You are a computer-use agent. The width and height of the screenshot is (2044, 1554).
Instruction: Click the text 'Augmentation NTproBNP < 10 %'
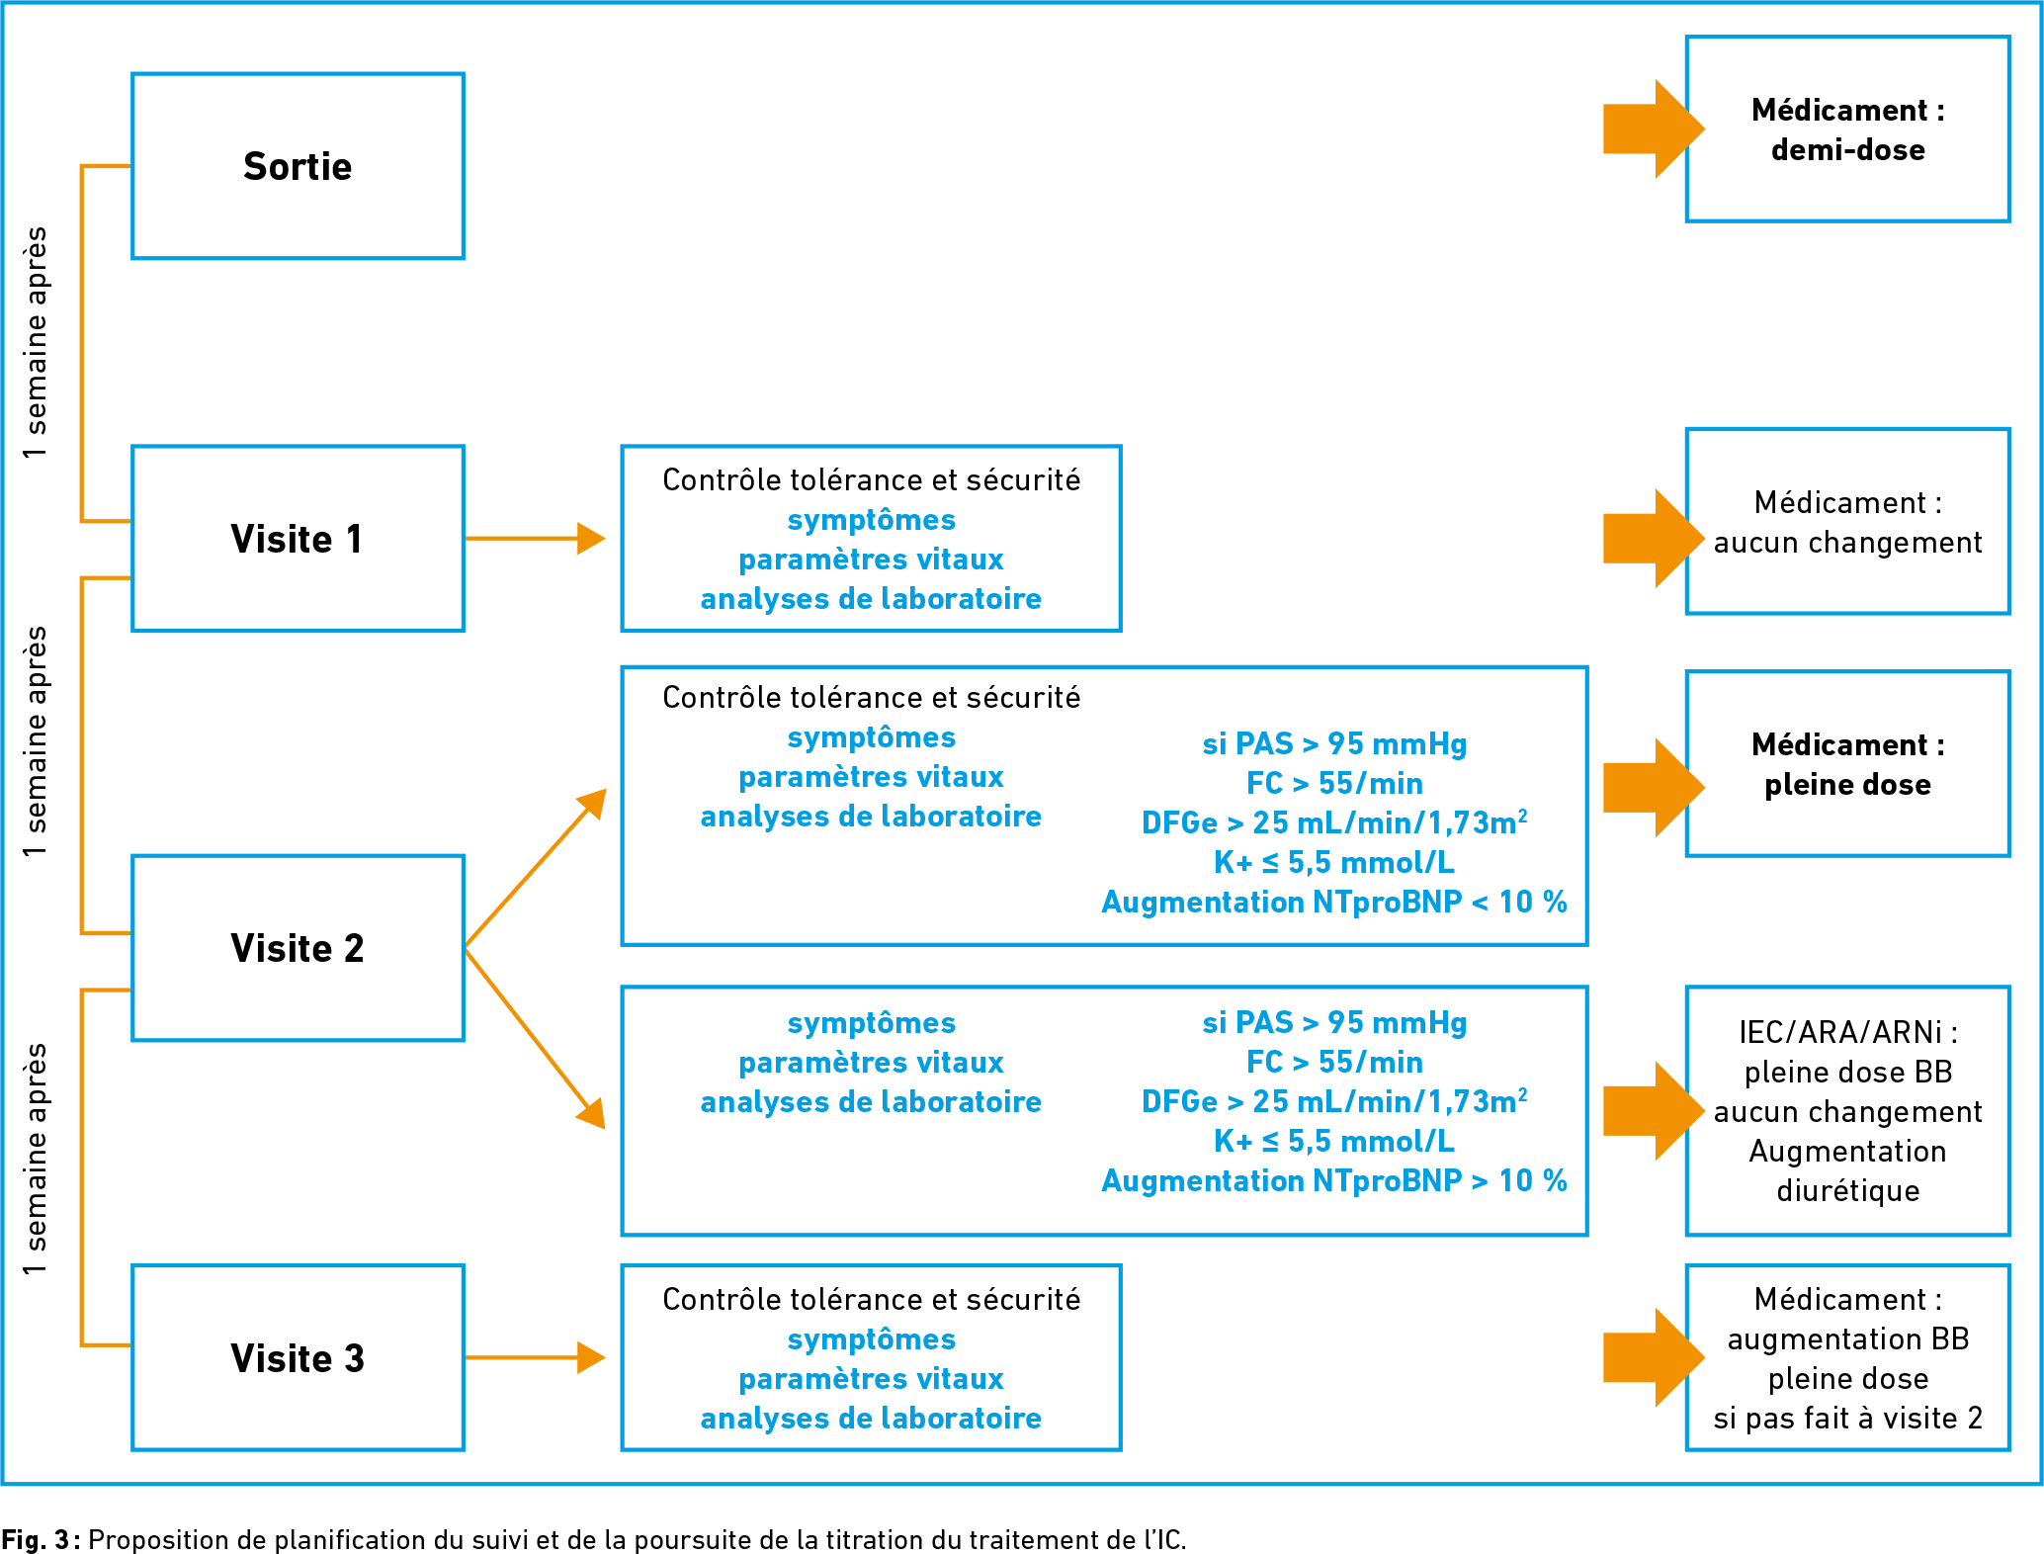[1334, 902]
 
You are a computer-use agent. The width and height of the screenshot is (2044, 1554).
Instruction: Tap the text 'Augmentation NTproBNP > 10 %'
[1334, 1180]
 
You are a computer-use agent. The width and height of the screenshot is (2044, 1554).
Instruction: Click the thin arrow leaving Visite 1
[535, 539]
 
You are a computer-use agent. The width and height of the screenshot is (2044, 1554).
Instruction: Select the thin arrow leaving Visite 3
[535, 1357]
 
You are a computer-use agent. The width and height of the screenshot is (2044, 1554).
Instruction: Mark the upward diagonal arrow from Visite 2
[536, 868]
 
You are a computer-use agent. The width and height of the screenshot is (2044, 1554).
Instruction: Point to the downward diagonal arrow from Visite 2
[536, 1038]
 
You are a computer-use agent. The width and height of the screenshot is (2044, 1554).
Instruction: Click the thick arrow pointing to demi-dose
[1654, 129]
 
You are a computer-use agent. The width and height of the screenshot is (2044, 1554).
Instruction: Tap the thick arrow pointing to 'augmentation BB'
[1654, 1357]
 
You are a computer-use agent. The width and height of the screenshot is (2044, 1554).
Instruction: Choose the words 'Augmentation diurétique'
[1847, 1171]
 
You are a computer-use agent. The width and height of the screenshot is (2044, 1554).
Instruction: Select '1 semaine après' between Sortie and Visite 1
[36, 342]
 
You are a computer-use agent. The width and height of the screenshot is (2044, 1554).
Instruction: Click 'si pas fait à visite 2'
[1847, 1419]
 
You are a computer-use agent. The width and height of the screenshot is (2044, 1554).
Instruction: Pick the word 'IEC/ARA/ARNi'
[1840, 1032]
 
